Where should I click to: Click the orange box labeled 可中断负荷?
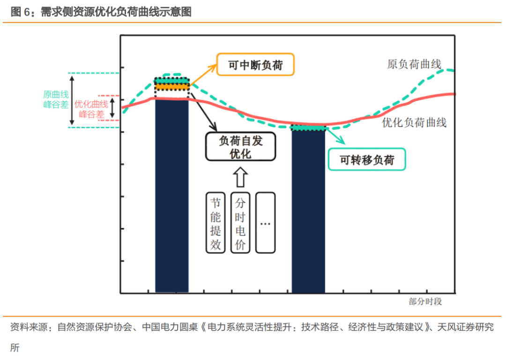point(255,65)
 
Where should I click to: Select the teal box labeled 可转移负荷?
point(366,160)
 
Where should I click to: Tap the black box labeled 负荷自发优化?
point(241,147)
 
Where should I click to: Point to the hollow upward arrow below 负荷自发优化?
point(240,177)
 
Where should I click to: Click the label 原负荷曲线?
point(414,64)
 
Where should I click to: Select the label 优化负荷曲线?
point(414,123)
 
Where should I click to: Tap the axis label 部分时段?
point(425,302)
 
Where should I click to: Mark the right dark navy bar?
point(308,211)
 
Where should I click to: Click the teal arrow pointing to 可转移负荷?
point(335,136)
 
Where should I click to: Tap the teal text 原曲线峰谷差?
point(56,100)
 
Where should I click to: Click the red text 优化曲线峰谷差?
point(91,109)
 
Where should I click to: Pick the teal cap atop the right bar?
point(308,128)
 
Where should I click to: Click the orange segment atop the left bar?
point(172,87)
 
